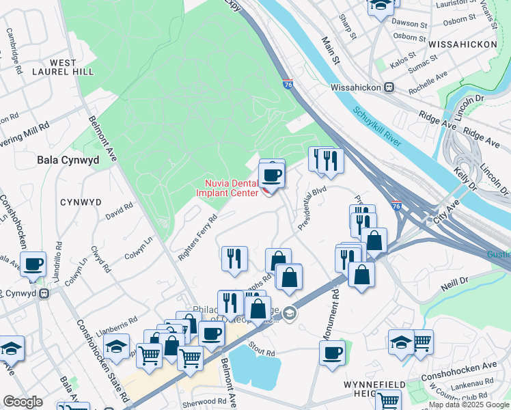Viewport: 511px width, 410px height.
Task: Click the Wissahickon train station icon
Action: point(389,87)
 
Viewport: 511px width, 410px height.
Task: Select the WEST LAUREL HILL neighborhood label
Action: point(63,68)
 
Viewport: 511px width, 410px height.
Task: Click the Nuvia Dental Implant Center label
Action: point(232,187)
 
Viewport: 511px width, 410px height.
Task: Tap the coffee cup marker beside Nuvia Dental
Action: point(272,174)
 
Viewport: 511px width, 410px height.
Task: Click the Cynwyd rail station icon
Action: point(44,293)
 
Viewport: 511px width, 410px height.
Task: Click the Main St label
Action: point(331,51)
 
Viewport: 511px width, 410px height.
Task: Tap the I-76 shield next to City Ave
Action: point(396,205)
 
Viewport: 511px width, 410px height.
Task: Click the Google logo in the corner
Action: point(23,402)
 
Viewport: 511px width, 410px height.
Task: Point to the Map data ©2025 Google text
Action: point(469,405)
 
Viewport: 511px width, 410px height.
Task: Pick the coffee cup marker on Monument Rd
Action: point(332,353)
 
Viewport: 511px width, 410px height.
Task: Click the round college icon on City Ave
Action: point(290,313)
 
